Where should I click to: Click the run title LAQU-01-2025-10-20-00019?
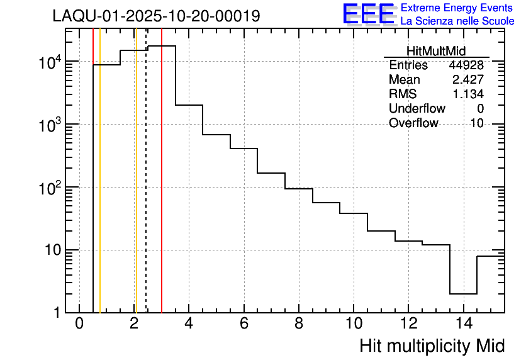pos(156,16)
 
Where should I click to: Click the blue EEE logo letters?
pos(368,14)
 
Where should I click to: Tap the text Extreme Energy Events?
pos(457,8)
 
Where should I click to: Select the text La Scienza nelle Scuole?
pos(457,21)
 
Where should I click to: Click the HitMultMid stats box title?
pos(436,52)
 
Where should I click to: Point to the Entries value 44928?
pos(466,65)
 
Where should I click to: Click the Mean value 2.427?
pos(467,80)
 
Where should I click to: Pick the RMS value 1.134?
pos(467,94)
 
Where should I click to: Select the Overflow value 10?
pos(477,123)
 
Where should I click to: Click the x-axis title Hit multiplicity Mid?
pos(432,346)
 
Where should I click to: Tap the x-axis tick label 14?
pos(463,324)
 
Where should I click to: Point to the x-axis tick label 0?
pos(79,324)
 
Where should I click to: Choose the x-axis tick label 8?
pos(299,324)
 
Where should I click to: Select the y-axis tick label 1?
pos(57,313)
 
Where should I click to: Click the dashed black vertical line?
pos(146,189)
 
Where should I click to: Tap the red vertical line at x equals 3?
pos(162,189)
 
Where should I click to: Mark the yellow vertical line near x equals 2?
pos(135,189)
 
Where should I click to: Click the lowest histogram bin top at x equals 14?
pos(463,294)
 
